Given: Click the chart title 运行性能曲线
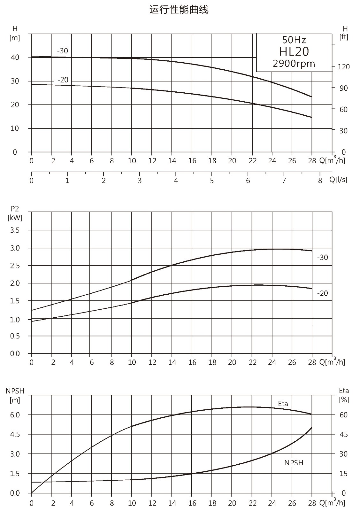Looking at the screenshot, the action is pyautogui.click(x=179, y=10).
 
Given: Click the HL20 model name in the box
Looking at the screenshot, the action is pyautogui.click(x=294, y=51).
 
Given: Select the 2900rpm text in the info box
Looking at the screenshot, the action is pyautogui.click(x=294, y=64).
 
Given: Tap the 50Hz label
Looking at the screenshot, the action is pyautogui.click(x=294, y=40).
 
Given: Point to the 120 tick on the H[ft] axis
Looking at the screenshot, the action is pyautogui.click(x=344, y=67).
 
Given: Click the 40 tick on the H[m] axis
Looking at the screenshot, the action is pyautogui.click(x=15, y=57).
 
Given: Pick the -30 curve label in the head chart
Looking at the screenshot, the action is pyautogui.click(x=63, y=50).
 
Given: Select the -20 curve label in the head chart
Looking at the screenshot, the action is pyautogui.click(x=63, y=80).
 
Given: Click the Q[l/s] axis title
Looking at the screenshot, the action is pyautogui.click(x=338, y=180).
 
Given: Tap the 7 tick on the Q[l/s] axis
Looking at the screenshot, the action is pyautogui.click(x=284, y=181).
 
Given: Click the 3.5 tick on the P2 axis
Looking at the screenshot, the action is pyautogui.click(x=15, y=230).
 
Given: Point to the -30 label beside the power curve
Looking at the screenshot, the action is pyautogui.click(x=322, y=258).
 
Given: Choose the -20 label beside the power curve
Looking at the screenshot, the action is pyautogui.click(x=322, y=293).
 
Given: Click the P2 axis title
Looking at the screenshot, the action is pyautogui.click(x=15, y=213).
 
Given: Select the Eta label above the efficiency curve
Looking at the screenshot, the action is pyautogui.click(x=283, y=404).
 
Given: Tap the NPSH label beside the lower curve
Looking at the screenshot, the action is pyautogui.click(x=294, y=463).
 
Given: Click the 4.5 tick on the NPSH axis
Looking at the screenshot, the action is pyautogui.click(x=15, y=434).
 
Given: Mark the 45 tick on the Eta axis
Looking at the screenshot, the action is pyautogui.click(x=344, y=434).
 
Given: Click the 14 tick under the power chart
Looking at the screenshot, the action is pyautogui.click(x=172, y=362).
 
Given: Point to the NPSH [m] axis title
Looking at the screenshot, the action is pyautogui.click(x=15, y=395).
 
